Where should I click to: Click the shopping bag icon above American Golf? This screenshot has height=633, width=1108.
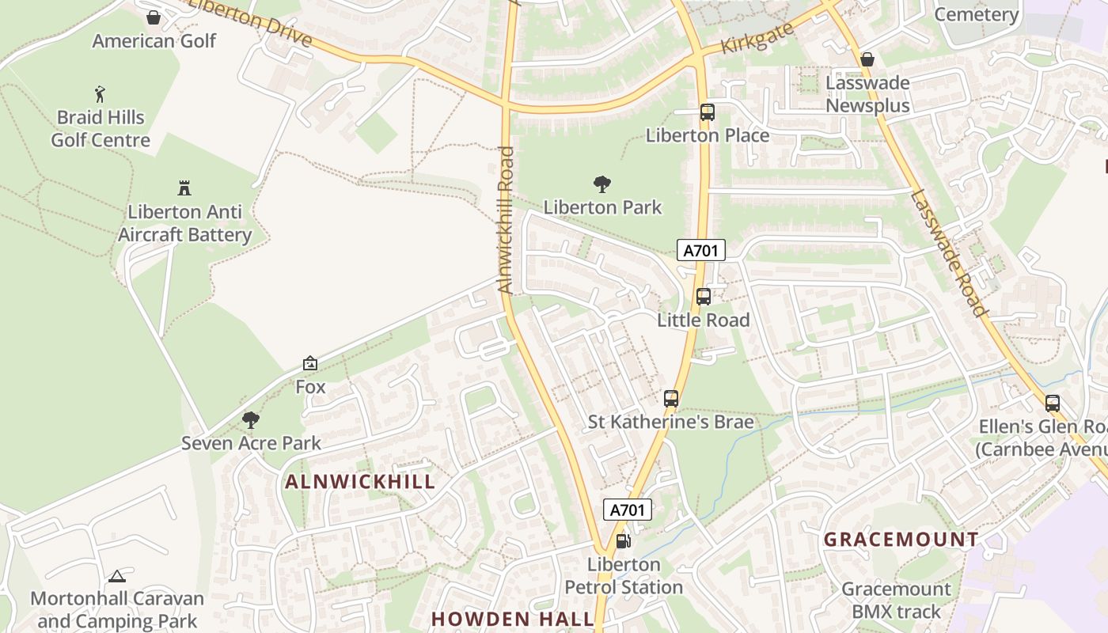[154, 17]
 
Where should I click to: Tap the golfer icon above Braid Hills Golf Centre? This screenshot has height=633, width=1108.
[100, 94]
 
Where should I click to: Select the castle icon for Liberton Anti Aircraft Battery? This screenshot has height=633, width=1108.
[184, 188]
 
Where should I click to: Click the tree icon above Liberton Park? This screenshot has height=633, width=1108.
[602, 184]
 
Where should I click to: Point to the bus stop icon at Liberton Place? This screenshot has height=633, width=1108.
[707, 112]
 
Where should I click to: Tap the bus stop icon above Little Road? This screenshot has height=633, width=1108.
[703, 297]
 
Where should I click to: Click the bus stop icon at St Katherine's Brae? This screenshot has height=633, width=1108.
[671, 399]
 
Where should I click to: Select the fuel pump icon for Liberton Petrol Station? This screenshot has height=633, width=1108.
[624, 541]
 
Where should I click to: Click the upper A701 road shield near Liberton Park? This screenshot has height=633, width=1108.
[701, 251]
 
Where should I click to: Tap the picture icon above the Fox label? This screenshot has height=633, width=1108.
[310, 364]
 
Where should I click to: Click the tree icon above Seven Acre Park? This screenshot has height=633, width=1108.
[251, 420]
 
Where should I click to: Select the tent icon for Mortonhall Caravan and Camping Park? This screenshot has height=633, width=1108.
[117, 576]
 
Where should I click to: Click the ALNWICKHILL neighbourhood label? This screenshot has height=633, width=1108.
[360, 482]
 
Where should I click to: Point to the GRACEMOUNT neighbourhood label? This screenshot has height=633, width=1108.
[901, 540]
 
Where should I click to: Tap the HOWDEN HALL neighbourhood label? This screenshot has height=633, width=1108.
[512, 619]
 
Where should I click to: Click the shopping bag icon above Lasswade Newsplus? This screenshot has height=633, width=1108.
[867, 59]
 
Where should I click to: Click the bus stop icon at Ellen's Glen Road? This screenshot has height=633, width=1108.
[1052, 404]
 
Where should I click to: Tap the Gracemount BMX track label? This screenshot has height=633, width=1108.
[896, 600]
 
